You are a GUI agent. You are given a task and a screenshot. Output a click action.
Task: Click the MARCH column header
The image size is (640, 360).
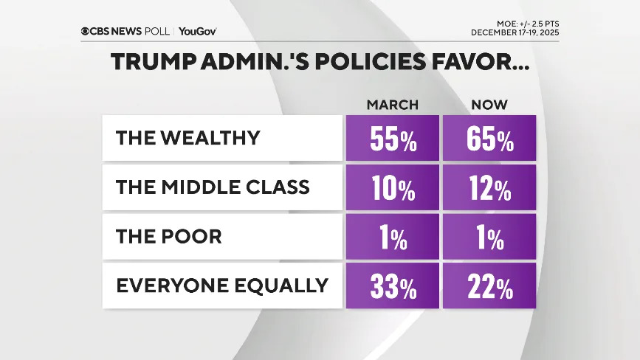(392, 105)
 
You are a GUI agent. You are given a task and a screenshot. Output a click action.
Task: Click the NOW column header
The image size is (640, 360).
(489, 105)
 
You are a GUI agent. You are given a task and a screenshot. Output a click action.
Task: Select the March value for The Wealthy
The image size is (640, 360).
(392, 138)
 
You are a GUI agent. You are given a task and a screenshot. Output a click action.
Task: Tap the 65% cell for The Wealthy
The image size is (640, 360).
(489, 138)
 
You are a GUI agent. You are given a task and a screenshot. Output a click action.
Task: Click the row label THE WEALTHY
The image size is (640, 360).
(188, 138)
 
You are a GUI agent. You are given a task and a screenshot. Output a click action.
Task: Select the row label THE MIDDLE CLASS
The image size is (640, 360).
(213, 187)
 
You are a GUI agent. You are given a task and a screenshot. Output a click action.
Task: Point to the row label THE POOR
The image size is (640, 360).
(169, 236)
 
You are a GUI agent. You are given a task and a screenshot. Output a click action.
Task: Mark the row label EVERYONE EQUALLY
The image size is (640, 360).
(221, 285)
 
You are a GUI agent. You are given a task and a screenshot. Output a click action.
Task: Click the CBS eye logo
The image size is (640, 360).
(86, 31)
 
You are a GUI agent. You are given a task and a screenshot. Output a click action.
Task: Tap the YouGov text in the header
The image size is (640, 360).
(197, 31)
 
